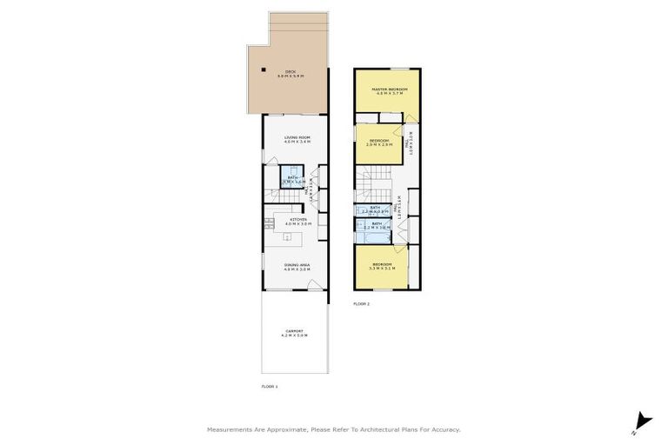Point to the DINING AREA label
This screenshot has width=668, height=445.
[297, 265]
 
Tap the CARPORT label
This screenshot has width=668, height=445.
[297, 332]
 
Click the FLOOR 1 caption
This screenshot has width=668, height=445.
[270, 386]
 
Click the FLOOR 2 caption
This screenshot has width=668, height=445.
[361, 303]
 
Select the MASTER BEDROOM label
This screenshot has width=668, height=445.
[387, 90]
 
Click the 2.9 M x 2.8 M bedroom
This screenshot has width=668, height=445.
[377, 143]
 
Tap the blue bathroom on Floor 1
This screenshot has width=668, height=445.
[293, 182]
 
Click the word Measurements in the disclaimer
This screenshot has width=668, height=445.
[230, 429]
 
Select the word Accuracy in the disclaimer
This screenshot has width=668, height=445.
[443, 429]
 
